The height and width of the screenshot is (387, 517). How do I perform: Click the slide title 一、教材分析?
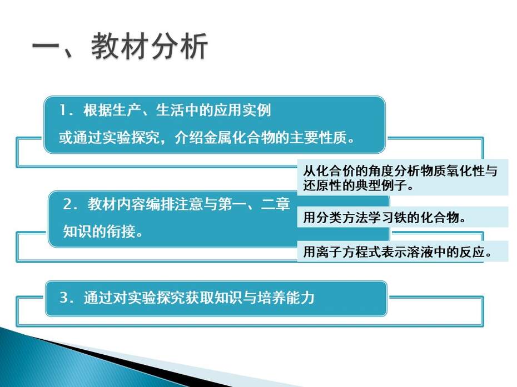[120, 47]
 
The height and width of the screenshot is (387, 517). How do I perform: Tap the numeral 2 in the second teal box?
[67, 204]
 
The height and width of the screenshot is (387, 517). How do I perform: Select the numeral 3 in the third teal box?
[64, 298]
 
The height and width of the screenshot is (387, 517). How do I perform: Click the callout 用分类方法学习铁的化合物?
[385, 218]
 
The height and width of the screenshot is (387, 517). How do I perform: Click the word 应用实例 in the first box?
[242, 110]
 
